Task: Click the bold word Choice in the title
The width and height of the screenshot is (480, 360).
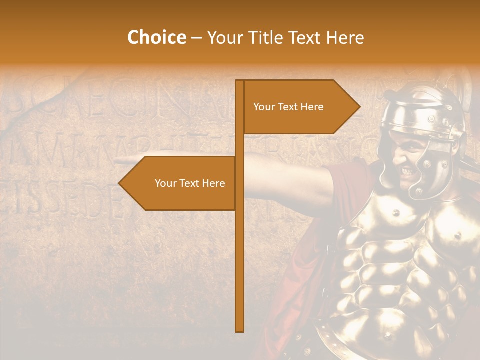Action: point(157,38)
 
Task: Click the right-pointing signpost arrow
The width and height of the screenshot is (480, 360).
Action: point(300,107)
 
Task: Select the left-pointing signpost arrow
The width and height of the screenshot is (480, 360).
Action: point(180,183)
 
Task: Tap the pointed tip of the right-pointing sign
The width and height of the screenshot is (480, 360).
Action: point(359,107)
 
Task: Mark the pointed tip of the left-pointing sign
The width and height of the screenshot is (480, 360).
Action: point(120,183)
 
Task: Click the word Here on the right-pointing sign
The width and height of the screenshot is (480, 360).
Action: point(311,107)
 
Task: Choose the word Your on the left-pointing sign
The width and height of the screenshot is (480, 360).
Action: point(165,183)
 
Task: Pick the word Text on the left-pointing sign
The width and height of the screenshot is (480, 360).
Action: point(190,183)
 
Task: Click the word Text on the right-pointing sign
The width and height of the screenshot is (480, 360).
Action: point(288,107)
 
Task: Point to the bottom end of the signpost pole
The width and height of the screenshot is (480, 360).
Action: point(239,330)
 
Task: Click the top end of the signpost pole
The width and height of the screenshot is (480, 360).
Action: point(239,82)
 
